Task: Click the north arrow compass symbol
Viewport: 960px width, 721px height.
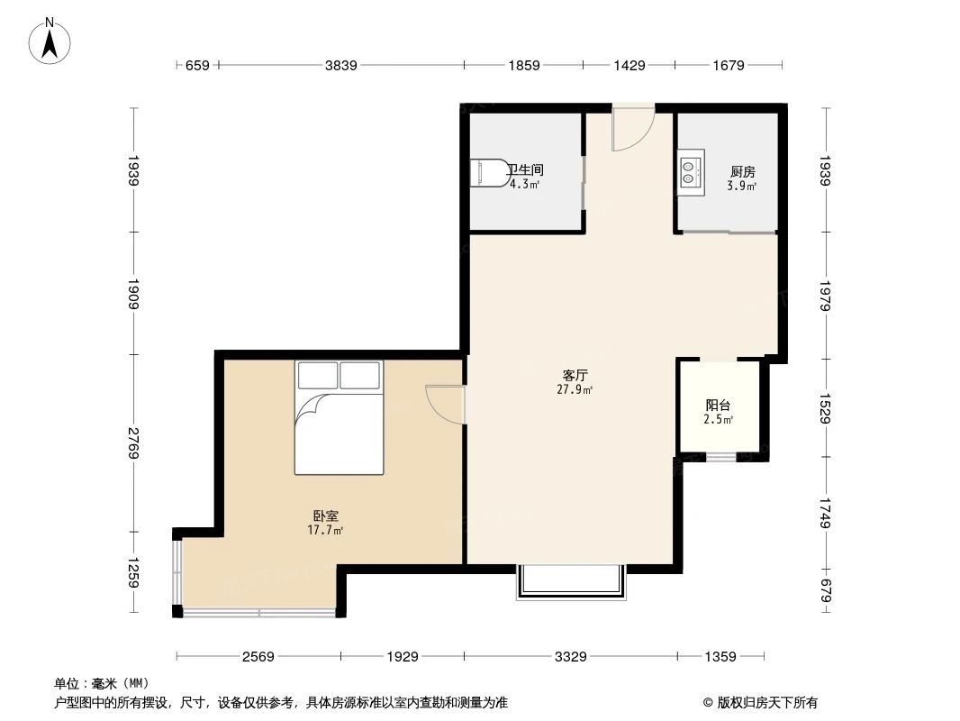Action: [x=51, y=41]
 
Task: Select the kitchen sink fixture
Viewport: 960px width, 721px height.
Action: [x=690, y=172]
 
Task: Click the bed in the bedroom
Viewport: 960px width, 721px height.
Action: [x=339, y=416]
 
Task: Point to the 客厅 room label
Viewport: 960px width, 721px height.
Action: [x=576, y=375]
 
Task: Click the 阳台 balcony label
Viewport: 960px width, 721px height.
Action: [x=718, y=406]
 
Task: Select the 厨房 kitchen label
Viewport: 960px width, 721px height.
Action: [x=742, y=171]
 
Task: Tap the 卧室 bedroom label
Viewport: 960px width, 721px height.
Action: [x=326, y=516]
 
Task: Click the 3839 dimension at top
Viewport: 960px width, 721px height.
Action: [x=341, y=65]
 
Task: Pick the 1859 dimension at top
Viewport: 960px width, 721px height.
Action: [x=523, y=65]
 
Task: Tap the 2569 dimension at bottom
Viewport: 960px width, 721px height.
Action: [x=258, y=657]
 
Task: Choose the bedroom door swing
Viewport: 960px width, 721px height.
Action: [x=446, y=403]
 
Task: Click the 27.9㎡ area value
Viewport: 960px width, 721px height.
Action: [x=576, y=390]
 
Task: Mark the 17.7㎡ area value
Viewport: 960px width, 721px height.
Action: [x=326, y=531]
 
